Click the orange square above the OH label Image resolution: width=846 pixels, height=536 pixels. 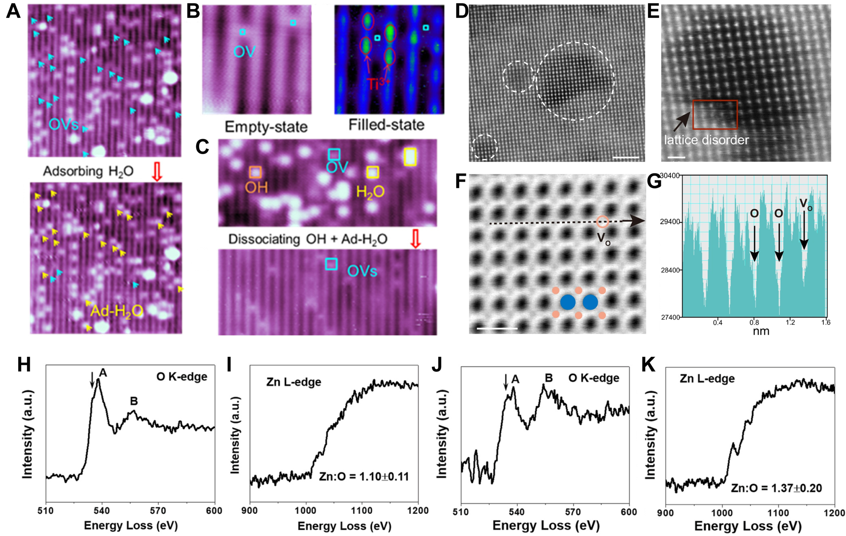click(x=255, y=172)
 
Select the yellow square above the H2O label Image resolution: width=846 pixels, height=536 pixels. click(x=373, y=172)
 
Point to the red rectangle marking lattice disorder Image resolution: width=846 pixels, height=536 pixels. click(x=715, y=115)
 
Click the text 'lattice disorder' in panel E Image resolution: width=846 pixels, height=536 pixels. click(x=706, y=140)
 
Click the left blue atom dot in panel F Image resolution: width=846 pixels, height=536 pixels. click(x=568, y=302)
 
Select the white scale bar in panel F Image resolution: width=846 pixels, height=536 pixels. click(x=497, y=329)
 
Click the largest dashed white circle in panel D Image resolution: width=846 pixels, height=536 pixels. click(x=575, y=81)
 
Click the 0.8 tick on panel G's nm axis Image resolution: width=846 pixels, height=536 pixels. click(x=754, y=322)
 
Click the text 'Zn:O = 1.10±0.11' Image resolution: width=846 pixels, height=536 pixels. click(x=364, y=477)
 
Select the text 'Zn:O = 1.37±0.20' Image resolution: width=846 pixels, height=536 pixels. click(x=776, y=488)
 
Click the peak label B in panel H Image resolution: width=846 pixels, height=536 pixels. click(x=134, y=401)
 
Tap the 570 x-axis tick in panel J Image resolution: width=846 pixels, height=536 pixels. click(x=573, y=512)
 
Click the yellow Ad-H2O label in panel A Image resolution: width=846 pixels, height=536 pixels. click(x=117, y=311)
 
